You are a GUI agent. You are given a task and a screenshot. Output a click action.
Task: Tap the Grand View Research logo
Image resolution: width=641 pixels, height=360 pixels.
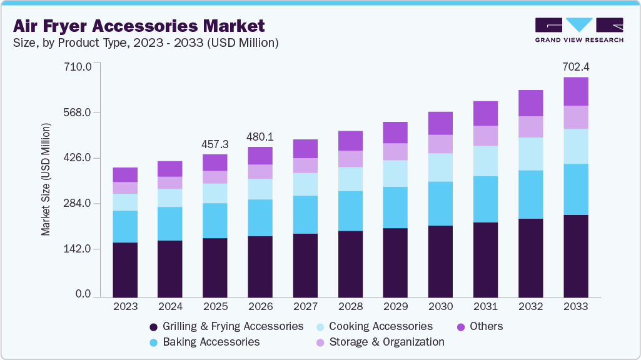point(578,30)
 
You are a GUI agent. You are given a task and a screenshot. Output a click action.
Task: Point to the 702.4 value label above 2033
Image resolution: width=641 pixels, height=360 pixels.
point(575,66)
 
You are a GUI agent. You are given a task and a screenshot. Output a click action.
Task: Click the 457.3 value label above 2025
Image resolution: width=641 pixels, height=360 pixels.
point(215,144)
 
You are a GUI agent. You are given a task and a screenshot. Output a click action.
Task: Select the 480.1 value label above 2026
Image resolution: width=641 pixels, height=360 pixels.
point(260,136)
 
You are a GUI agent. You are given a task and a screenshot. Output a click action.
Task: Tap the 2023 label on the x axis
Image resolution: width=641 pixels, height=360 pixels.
point(125,307)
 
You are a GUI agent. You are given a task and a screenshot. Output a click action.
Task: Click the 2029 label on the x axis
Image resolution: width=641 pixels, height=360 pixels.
point(395,307)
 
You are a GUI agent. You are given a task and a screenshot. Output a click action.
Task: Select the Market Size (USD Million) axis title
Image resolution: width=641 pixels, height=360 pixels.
point(46,180)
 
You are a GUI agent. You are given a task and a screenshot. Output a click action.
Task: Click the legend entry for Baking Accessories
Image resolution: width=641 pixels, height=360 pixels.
point(211,342)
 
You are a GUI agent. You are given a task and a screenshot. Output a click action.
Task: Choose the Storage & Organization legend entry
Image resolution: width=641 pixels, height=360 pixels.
point(386,342)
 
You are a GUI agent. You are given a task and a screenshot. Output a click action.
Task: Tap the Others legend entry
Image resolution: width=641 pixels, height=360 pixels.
point(485,326)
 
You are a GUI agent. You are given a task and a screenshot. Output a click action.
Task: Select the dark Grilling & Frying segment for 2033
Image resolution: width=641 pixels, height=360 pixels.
point(575,256)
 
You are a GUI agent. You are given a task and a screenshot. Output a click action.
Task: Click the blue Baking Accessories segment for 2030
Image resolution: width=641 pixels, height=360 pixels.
point(440,203)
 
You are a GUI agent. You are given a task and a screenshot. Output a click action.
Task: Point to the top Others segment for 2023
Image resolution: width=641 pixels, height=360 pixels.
point(125,174)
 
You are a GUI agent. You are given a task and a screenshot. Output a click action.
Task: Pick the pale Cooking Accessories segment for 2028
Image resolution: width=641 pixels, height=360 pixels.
point(350,179)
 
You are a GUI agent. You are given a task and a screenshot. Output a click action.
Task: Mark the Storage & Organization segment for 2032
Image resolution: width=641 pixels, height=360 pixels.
point(530,127)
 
